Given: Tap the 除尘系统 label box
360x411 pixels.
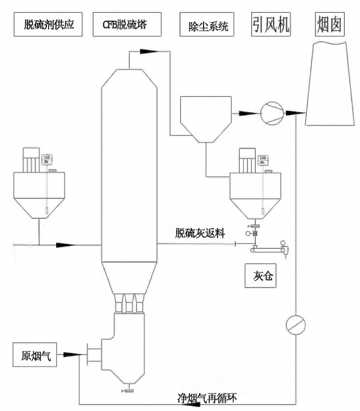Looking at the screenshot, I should [204, 27].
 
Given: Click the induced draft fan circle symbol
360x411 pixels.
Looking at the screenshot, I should [271, 110].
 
